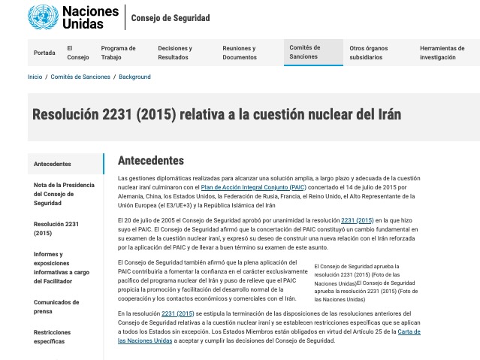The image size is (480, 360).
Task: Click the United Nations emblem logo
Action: pos(43,17)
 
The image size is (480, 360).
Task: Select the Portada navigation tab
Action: pos(44,53)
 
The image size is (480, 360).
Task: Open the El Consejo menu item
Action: pos(77,53)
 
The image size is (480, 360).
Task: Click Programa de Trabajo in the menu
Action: pos(118,53)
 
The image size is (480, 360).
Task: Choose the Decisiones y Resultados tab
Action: pos(175,53)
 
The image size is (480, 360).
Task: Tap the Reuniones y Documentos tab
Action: pos(240,53)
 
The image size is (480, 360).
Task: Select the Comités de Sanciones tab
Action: pos(305,52)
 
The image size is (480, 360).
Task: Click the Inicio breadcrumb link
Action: pos(35,77)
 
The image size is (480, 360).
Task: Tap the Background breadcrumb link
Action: pos(134,77)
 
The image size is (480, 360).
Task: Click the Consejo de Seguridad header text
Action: pos(171,18)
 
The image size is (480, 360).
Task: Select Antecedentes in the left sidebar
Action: pos(53,164)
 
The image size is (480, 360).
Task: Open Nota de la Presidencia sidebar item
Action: pos(64,193)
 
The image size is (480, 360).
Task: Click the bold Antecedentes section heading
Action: pos(150,161)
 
